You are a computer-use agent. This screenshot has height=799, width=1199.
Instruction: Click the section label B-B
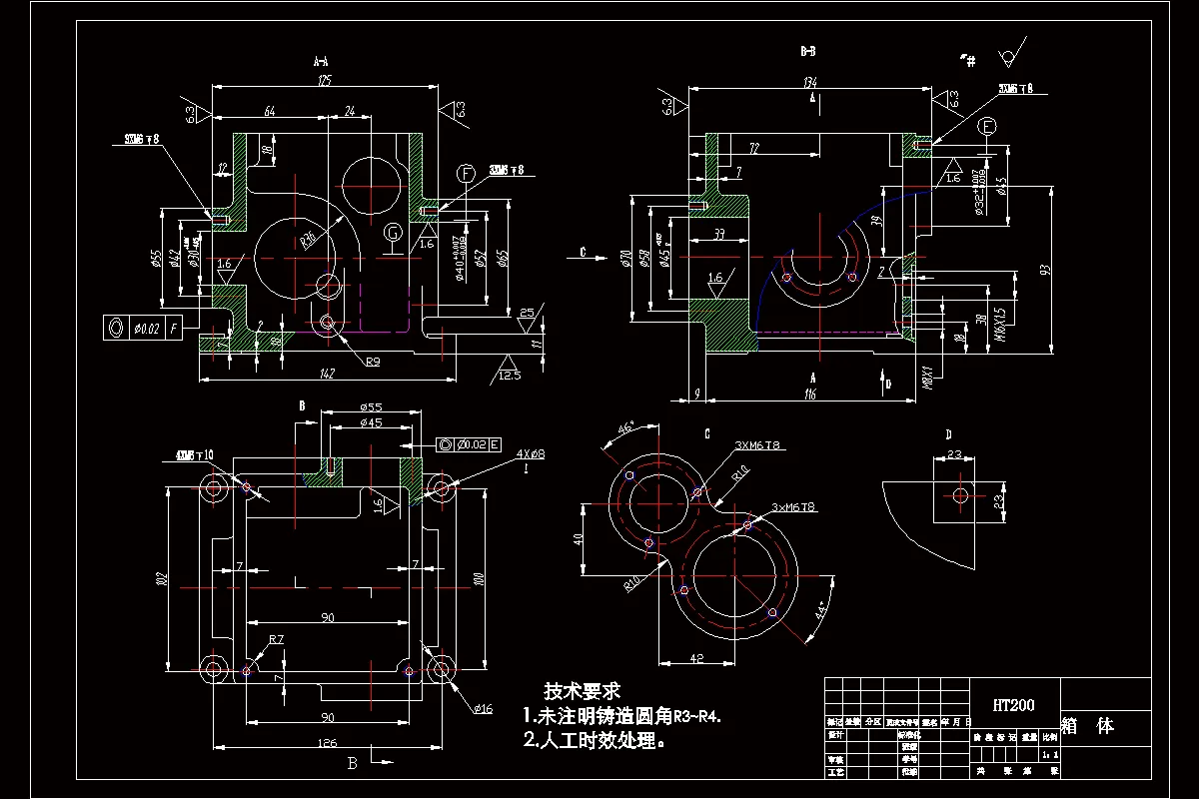(809, 50)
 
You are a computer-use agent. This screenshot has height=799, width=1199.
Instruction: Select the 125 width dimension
(323, 80)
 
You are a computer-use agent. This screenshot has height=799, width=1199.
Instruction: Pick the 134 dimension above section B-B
(810, 82)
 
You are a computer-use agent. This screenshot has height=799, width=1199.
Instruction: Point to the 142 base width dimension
(327, 374)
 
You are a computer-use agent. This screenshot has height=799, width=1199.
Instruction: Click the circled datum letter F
(466, 174)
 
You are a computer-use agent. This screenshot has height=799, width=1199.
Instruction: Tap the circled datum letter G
(394, 233)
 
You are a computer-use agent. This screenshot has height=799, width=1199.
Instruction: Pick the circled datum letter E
(988, 127)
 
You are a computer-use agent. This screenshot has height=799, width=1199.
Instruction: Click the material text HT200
(1013, 704)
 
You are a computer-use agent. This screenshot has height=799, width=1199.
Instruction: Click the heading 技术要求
(583, 690)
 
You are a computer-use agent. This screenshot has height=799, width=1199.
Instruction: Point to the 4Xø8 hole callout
(531, 455)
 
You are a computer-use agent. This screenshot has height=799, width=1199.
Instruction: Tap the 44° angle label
(821, 609)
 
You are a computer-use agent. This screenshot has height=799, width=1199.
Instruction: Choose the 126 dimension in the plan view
(327, 742)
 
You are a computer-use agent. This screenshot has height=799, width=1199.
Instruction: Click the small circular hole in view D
(960, 495)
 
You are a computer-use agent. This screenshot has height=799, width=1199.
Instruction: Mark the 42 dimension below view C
(696, 658)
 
